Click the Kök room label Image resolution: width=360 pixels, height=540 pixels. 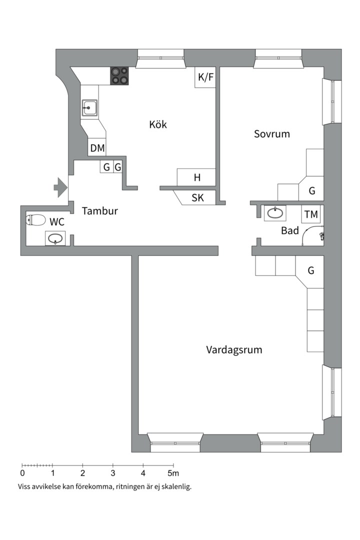[x=158, y=124]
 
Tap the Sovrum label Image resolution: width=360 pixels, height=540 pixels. [x=272, y=134]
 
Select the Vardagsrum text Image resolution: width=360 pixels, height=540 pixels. [x=234, y=350]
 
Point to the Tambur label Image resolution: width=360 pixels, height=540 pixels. [x=100, y=211]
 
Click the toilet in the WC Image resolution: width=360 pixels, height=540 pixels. [x=36, y=219]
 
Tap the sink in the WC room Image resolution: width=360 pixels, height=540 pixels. [x=55, y=238]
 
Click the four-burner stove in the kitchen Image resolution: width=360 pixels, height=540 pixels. [x=119, y=76]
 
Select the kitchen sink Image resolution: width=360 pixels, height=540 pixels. [x=89, y=108]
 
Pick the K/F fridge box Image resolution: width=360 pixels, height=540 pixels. [x=205, y=77]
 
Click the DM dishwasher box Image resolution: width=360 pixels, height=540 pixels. [x=97, y=147]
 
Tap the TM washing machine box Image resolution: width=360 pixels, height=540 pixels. [x=311, y=214]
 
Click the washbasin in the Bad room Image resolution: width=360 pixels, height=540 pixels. [x=275, y=213]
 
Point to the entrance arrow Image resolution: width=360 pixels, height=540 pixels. [x=60, y=187]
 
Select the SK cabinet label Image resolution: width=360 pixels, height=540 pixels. [x=197, y=197]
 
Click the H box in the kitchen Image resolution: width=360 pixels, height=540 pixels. [x=196, y=177]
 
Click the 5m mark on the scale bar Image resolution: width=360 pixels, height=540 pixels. [x=173, y=473]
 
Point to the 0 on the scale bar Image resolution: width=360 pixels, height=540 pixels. [x=22, y=473]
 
